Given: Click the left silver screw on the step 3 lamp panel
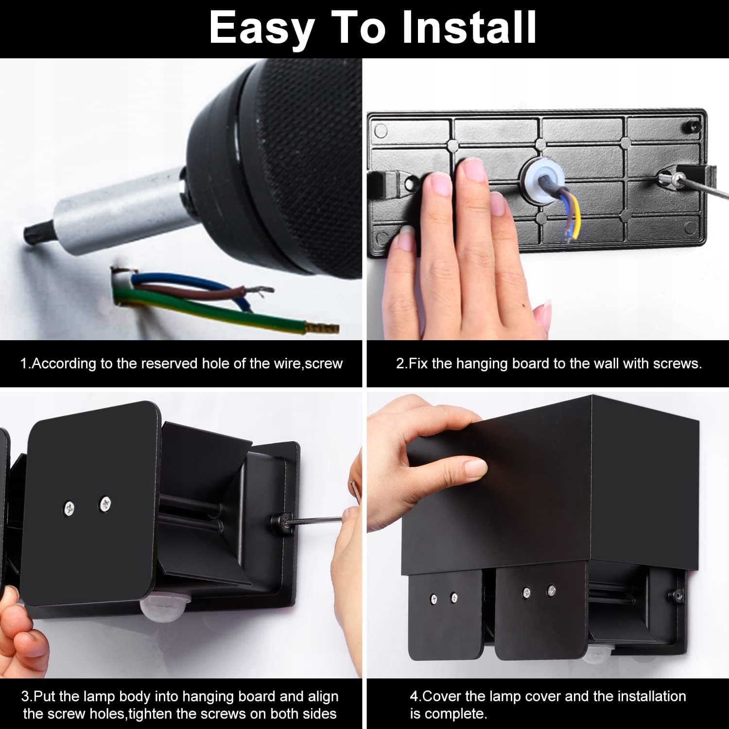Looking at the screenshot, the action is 69,509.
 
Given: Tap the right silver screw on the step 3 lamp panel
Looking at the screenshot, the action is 105,504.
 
